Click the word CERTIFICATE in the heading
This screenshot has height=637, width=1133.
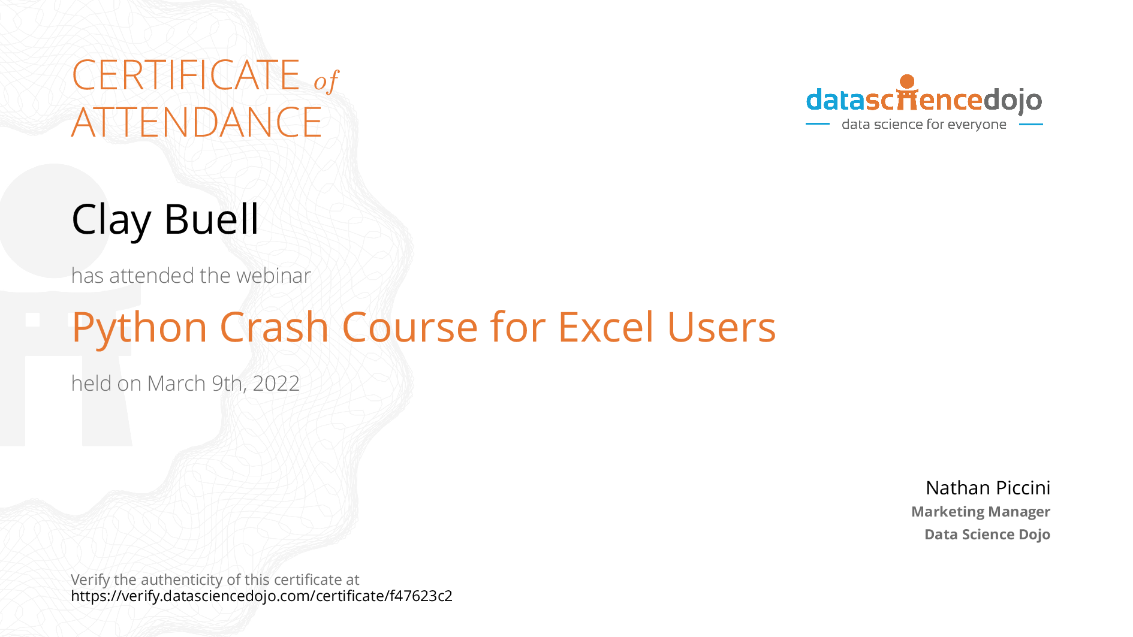[x=186, y=76]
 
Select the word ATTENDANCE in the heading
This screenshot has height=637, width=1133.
[x=197, y=122]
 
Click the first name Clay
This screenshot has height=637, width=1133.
[x=111, y=220]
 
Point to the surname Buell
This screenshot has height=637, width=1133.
[x=211, y=219]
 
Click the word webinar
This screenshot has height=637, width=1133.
[x=273, y=276]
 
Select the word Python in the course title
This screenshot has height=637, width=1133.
[x=140, y=328]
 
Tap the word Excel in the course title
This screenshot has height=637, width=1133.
[x=606, y=327]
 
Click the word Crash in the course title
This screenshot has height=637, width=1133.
[x=275, y=327]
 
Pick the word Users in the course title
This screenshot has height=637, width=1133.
[x=721, y=328]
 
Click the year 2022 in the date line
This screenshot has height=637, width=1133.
[x=276, y=384]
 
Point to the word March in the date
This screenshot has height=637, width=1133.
[x=176, y=384]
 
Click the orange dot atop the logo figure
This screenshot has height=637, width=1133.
[x=908, y=81]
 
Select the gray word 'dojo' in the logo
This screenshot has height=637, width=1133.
[x=1013, y=101]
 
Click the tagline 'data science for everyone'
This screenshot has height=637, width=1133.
[x=924, y=124]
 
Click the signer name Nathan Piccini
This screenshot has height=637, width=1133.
[x=988, y=488]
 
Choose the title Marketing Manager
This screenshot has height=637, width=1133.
[x=981, y=512]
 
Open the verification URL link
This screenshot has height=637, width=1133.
[x=261, y=596]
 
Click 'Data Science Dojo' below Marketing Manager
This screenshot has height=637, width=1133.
[x=987, y=535]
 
